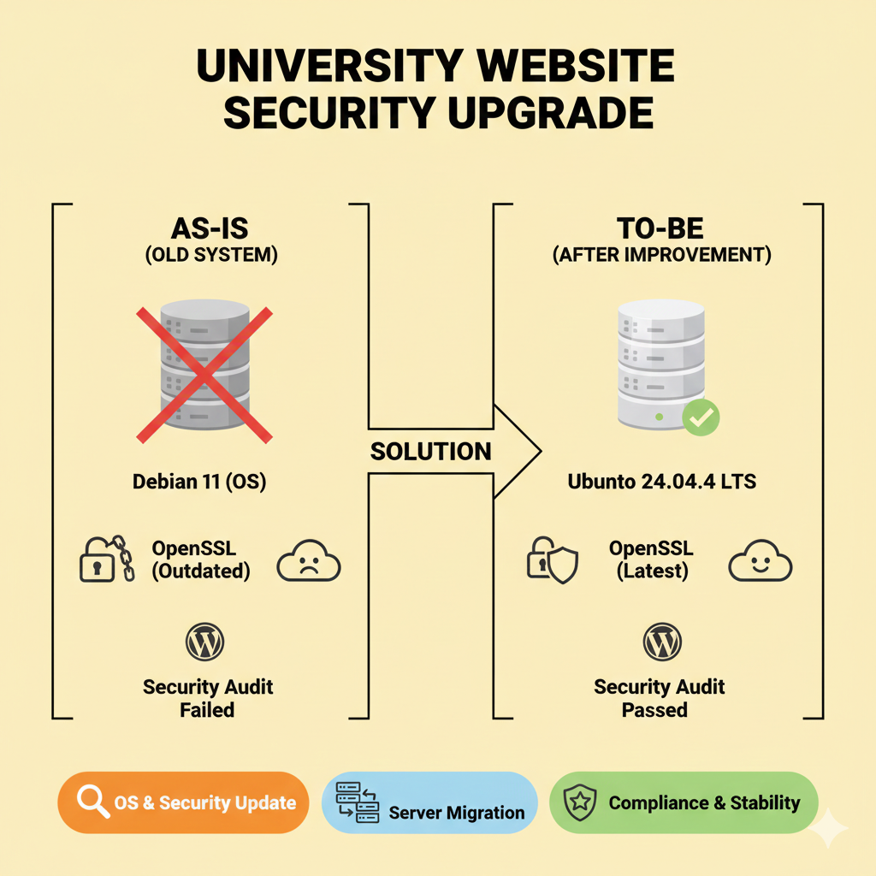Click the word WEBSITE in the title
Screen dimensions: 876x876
coord(547,67)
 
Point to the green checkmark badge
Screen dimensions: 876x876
coord(701,417)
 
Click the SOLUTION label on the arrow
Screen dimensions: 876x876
coord(431,452)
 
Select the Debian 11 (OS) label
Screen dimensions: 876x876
coord(199,482)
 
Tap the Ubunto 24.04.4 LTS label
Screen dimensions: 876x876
coord(662,482)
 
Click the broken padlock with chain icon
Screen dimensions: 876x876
coord(106,559)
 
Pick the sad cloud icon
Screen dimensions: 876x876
coord(309,564)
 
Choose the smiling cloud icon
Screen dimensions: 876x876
coord(760,564)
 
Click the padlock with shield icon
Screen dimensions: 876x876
coord(552,560)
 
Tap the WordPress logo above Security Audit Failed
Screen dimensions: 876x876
coord(205,642)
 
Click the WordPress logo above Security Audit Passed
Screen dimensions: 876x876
coord(662,642)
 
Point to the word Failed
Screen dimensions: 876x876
coord(207,709)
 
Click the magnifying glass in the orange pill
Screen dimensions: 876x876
coord(92,802)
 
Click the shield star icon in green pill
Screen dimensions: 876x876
coord(580,802)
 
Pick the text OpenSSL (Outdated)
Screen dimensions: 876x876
coord(202,559)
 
